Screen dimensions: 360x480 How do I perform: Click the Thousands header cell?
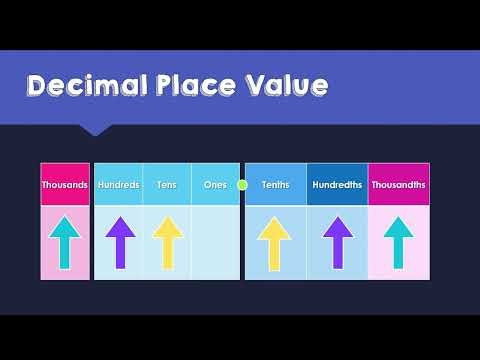(65, 185)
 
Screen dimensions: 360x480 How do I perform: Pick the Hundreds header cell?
(119, 185)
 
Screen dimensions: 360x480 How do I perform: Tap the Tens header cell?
(167, 185)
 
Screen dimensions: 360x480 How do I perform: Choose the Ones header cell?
(215, 185)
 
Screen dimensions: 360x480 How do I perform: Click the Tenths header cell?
(275, 185)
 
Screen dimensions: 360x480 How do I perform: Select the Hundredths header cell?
(337, 185)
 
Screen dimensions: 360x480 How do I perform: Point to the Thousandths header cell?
(398, 185)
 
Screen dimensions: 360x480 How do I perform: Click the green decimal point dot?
(242, 185)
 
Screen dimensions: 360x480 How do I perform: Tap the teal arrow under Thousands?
(65, 243)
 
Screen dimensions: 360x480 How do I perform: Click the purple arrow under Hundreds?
(119, 243)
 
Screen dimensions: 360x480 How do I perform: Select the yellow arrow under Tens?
(167, 243)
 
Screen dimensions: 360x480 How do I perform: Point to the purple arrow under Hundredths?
(337, 243)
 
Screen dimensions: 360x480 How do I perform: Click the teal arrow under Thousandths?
(398, 243)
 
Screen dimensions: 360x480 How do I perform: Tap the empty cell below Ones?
(215, 243)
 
